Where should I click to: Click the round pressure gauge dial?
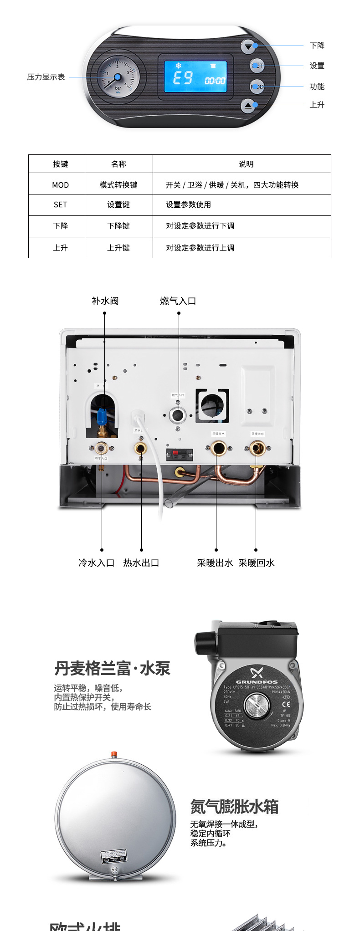tap(118, 76)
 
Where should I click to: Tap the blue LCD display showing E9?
tap(195, 77)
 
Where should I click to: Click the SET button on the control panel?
tap(257, 66)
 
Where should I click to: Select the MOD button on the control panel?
tap(257, 86)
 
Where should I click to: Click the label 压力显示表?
tap(46, 77)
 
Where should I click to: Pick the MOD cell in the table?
tap(60, 185)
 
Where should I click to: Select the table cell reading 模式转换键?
tap(118, 185)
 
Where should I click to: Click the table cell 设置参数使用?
tap(188, 205)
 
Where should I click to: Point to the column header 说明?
tap(246, 164)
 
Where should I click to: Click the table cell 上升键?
tap(118, 248)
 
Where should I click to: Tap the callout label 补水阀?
tap(105, 301)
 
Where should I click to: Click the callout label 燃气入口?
tap(178, 301)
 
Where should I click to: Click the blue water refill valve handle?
tap(102, 416)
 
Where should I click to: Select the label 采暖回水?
tap(257, 563)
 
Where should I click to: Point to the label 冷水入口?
tap(96, 563)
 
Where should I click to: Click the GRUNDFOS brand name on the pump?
tap(257, 682)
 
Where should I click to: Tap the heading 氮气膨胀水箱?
tap(234, 807)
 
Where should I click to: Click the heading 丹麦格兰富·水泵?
tap(112, 669)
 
